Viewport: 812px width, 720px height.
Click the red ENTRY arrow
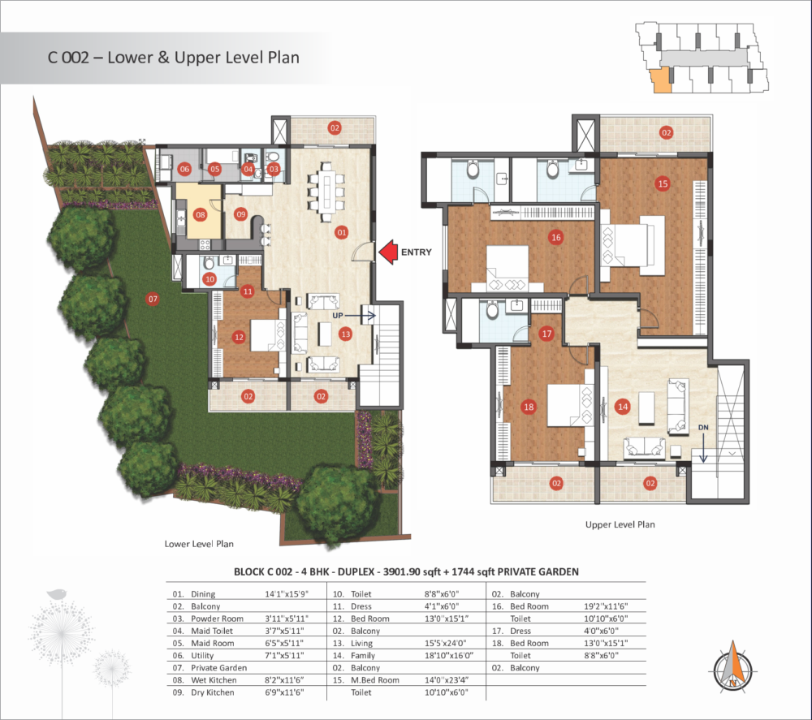coord(388,252)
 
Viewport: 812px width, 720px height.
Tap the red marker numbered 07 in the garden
coord(153,299)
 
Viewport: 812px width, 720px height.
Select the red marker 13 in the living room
coord(345,334)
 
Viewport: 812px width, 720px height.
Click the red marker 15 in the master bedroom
coord(663,183)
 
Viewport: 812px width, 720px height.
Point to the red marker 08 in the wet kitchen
coord(201,214)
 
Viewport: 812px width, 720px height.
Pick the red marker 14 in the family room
coord(623,407)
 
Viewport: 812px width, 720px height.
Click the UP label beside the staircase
coord(338,315)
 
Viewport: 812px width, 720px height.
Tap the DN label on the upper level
coord(703,428)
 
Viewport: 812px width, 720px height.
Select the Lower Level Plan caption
coord(199,544)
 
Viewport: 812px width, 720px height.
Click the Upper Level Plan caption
coord(620,524)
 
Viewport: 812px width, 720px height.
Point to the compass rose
coord(732,666)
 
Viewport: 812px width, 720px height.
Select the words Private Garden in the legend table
coord(218,668)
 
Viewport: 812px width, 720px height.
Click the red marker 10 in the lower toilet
coord(209,279)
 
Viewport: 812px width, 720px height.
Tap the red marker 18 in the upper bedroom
coord(529,407)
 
